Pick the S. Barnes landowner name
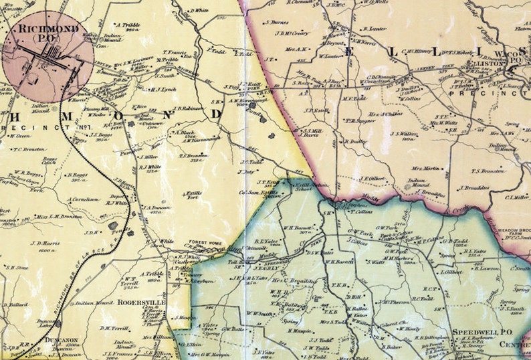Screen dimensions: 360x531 click(276, 21)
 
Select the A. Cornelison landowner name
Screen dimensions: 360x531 click(84, 199)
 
